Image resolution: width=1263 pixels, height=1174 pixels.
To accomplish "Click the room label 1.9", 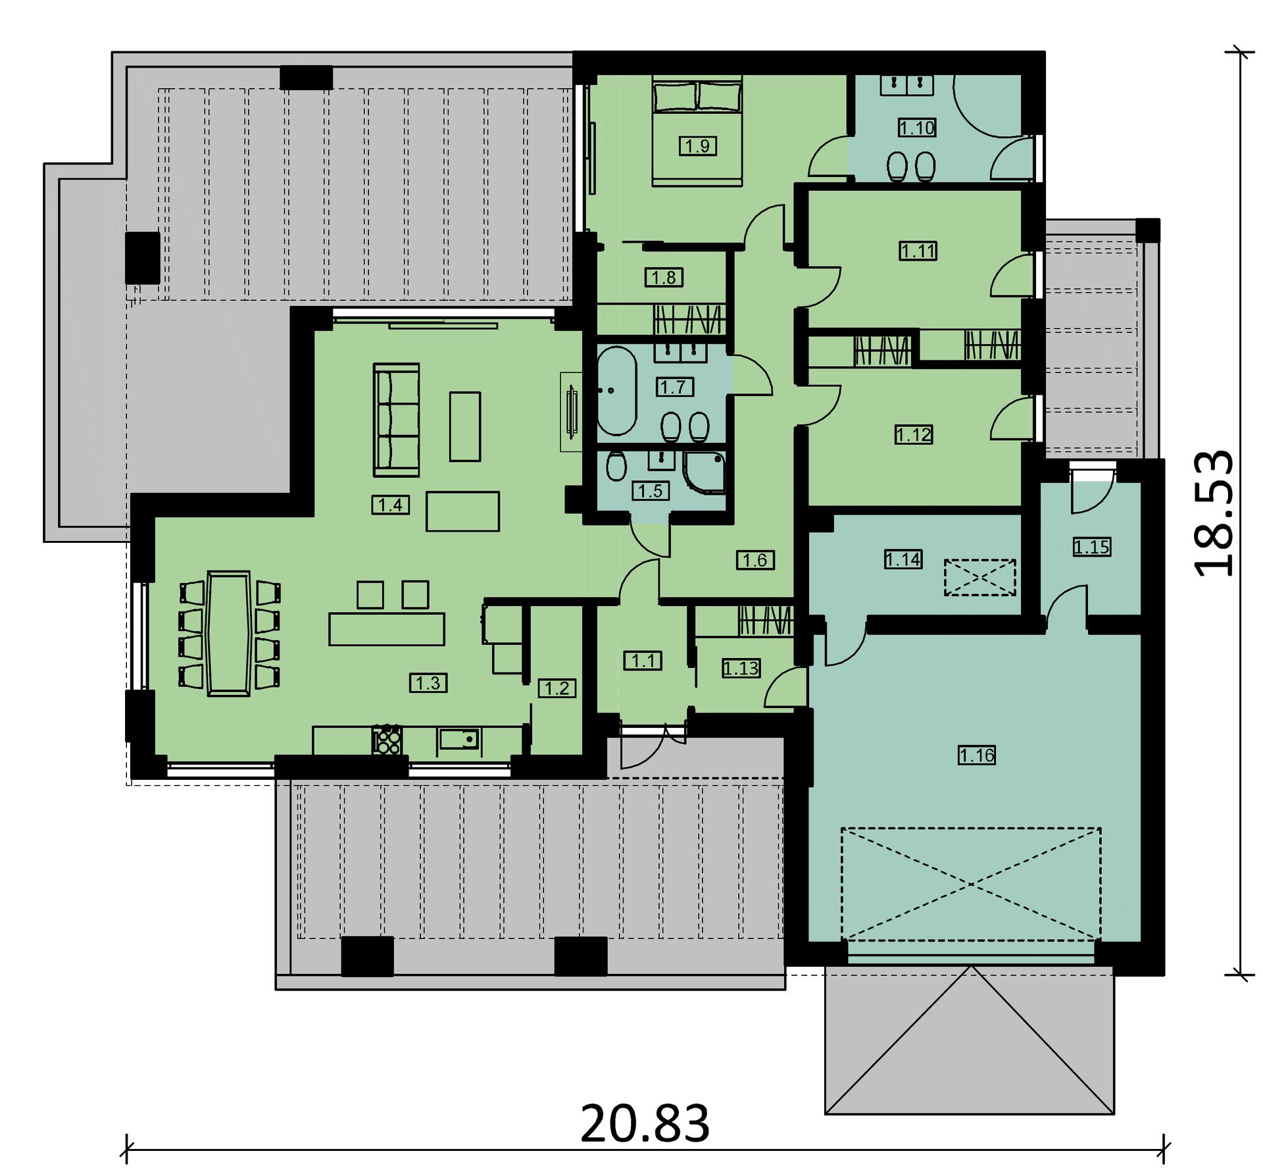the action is coord(697,145).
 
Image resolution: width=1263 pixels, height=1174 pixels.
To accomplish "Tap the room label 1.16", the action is coord(977,755).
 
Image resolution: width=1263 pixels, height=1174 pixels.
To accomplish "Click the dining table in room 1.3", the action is coord(228,633).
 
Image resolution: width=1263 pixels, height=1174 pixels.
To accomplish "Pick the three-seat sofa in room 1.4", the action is coord(397,419).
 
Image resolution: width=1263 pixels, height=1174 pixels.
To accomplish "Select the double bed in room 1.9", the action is coord(697,131).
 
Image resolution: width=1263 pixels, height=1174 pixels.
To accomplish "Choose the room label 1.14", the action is coord(903,559).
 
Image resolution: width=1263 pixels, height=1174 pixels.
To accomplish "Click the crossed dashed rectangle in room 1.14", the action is coord(980,577).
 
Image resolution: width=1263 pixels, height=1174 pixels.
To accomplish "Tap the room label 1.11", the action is coord(918,251).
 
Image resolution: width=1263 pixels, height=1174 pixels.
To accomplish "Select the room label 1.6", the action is coord(755,560).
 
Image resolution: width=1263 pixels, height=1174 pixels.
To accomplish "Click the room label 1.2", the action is coord(557,688).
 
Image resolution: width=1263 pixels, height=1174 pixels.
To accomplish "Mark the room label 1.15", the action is coord(1092,547).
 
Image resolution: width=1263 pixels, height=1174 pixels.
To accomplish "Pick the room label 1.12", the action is coord(914,435).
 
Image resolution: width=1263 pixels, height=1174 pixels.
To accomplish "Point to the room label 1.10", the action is coord(917,128).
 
